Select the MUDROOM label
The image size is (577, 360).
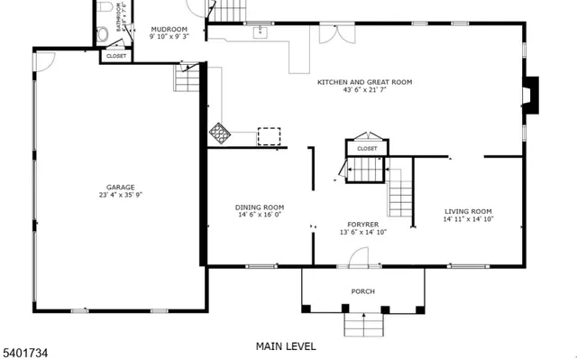(x=169, y=29)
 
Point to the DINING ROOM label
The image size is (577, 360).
(x=260, y=207)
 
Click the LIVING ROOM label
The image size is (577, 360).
(x=468, y=211)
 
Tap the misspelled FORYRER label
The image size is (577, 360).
(x=362, y=224)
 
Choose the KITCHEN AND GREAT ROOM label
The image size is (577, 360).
(x=364, y=82)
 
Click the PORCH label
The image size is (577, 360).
(x=362, y=291)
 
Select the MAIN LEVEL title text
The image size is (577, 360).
(x=286, y=346)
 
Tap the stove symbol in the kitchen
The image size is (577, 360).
(x=220, y=134)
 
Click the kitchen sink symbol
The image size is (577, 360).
(x=261, y=32)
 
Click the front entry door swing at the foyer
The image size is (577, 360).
(x=358, y=256)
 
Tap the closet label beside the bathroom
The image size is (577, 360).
(x=116, y=56)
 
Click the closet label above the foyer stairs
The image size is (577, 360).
(x=367, y=148)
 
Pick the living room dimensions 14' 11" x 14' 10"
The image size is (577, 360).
(x=468, y=219)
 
